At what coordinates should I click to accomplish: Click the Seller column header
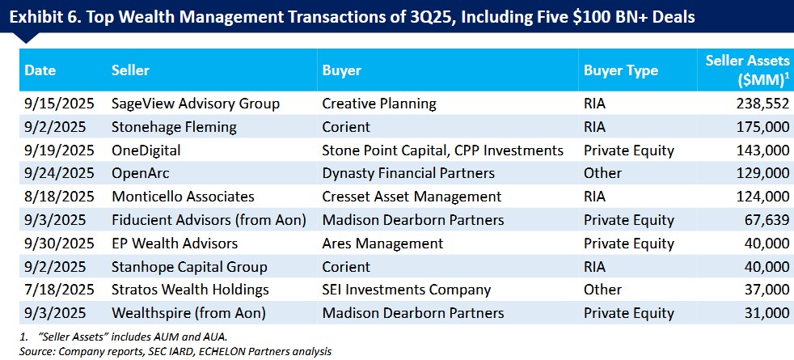(130, 70)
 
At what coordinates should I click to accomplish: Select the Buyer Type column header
(621, 70)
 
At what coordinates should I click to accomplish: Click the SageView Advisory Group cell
(196, 104)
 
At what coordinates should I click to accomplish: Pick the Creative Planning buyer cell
(378, 104)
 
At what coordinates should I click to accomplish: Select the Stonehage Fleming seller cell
(174, 127)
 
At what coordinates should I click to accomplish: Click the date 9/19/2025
(59, 150)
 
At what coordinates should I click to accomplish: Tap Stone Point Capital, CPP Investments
(442, 150)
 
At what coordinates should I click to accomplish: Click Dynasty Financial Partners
(408, 173)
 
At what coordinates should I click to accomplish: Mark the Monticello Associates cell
(183, 197)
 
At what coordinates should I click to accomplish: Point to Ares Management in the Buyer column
(382, 244)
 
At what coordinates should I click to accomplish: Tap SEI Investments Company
(406, 290)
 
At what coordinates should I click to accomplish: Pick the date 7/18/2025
(59, 290)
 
